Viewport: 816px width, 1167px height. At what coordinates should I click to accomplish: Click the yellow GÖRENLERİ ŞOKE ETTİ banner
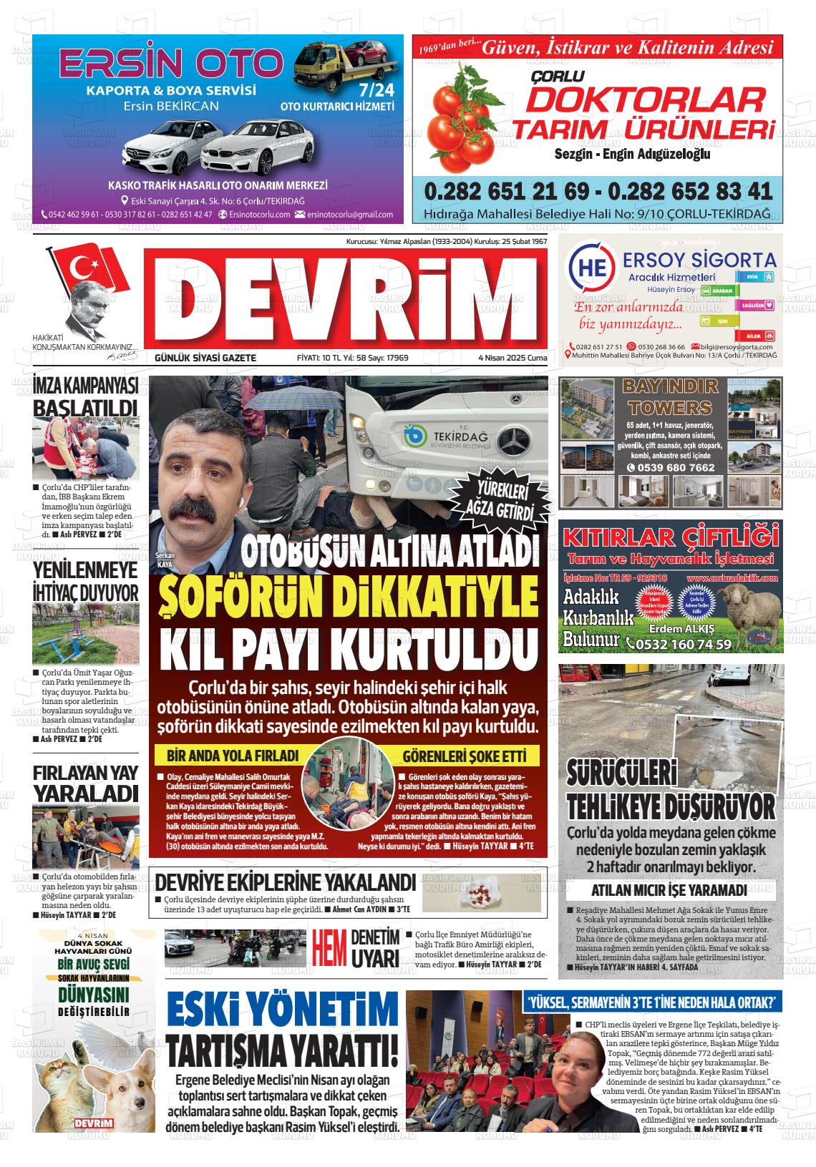[464, 756]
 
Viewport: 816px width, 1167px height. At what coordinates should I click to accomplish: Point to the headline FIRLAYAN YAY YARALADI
[85, 783]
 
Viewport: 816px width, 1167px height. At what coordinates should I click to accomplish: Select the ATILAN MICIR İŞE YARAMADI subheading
[669, 890]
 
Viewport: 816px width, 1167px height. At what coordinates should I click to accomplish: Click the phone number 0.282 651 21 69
[505, 191]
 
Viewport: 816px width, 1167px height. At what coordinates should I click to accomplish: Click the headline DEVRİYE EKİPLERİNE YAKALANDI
[286, 882]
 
